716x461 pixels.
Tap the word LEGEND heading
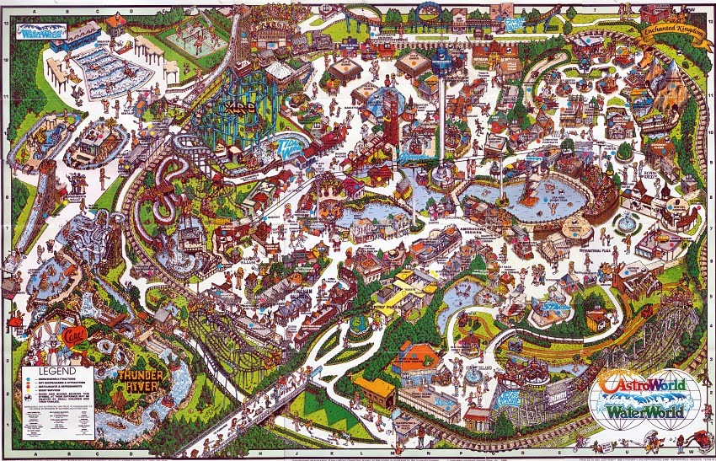coord(51,369)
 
